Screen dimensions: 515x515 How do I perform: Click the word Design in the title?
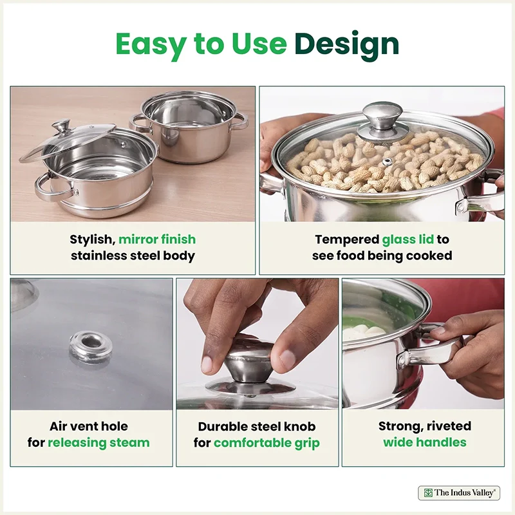[347, 44]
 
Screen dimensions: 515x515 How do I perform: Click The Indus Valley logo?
[459, 493]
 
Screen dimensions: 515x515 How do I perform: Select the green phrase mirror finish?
[157, 239]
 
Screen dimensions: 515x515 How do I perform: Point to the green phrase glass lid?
[408, 239]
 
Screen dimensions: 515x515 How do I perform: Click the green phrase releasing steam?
[98, 443]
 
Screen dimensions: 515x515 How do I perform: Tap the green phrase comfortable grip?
[267, 443]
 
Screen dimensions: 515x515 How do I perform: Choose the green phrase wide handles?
[425, 442]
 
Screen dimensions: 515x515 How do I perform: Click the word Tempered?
[347, 239]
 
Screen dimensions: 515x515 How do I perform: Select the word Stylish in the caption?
[92, 239]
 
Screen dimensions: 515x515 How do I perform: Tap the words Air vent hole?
[89, 426]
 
